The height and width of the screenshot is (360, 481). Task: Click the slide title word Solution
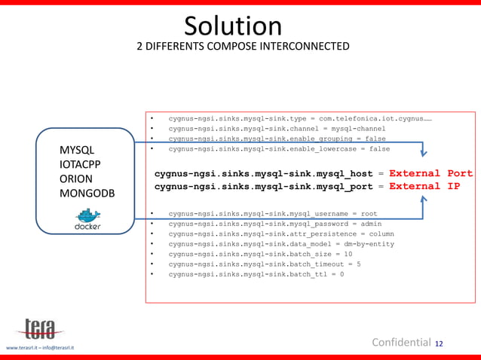pyautogui.click(x=233, y=26)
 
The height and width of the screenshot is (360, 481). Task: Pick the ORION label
pyautogui.click(x=76, y=179)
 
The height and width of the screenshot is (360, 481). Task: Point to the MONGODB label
pyautogui.click(x=87, y=194)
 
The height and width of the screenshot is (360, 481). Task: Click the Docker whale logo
pyautogui.click(x=87, y=218)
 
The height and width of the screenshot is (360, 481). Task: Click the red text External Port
pyautogui.click(x=430, y=173)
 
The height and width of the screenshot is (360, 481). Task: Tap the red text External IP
pyautogui.click(x=424, y=186)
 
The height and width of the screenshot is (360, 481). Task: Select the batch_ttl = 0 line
pyautogui.click(x=256, y=274)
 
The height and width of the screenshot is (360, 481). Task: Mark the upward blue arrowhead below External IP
pyautogui.click(x=423, y=200)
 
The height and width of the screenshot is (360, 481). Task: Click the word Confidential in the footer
pyautogui.click(x=401, y=343)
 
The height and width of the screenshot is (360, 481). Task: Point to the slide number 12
pyautogui.click(x=439, y=344)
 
